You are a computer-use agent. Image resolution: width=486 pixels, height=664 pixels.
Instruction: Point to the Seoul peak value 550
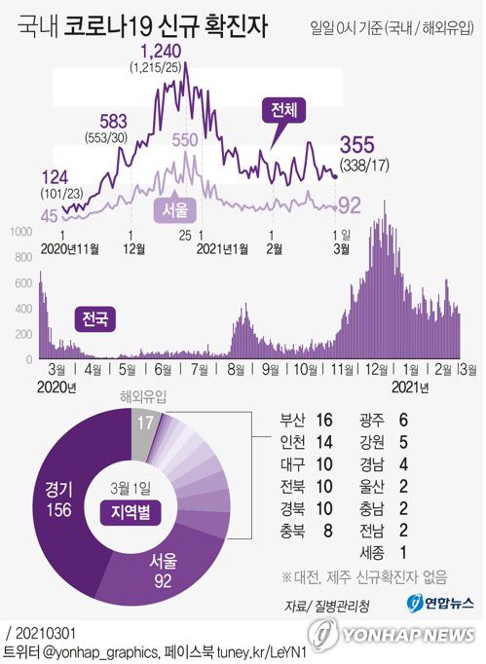(185, 139)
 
